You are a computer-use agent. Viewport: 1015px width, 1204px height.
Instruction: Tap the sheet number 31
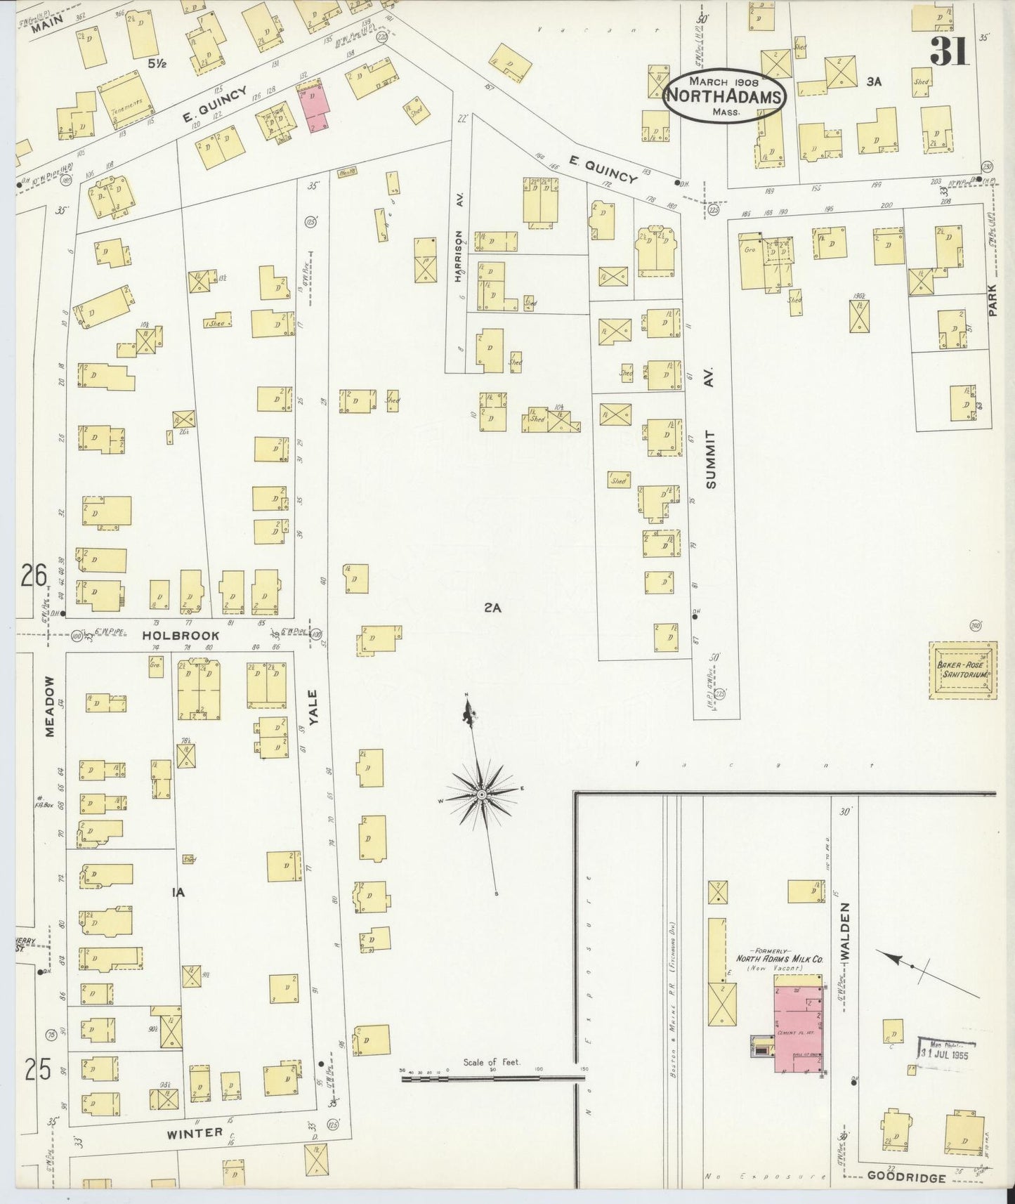point(949,51)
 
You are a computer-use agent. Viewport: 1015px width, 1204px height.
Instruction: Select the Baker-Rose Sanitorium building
point(962,669)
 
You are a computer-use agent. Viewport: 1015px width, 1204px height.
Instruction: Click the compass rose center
point(482,794)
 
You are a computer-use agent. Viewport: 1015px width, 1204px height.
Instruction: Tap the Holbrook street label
point(181,635)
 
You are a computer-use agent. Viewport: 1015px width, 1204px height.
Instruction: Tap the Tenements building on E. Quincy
point(125,103)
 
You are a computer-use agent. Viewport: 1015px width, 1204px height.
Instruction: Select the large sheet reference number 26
point(33,576)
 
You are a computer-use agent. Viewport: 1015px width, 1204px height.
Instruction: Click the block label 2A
point(492,608)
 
